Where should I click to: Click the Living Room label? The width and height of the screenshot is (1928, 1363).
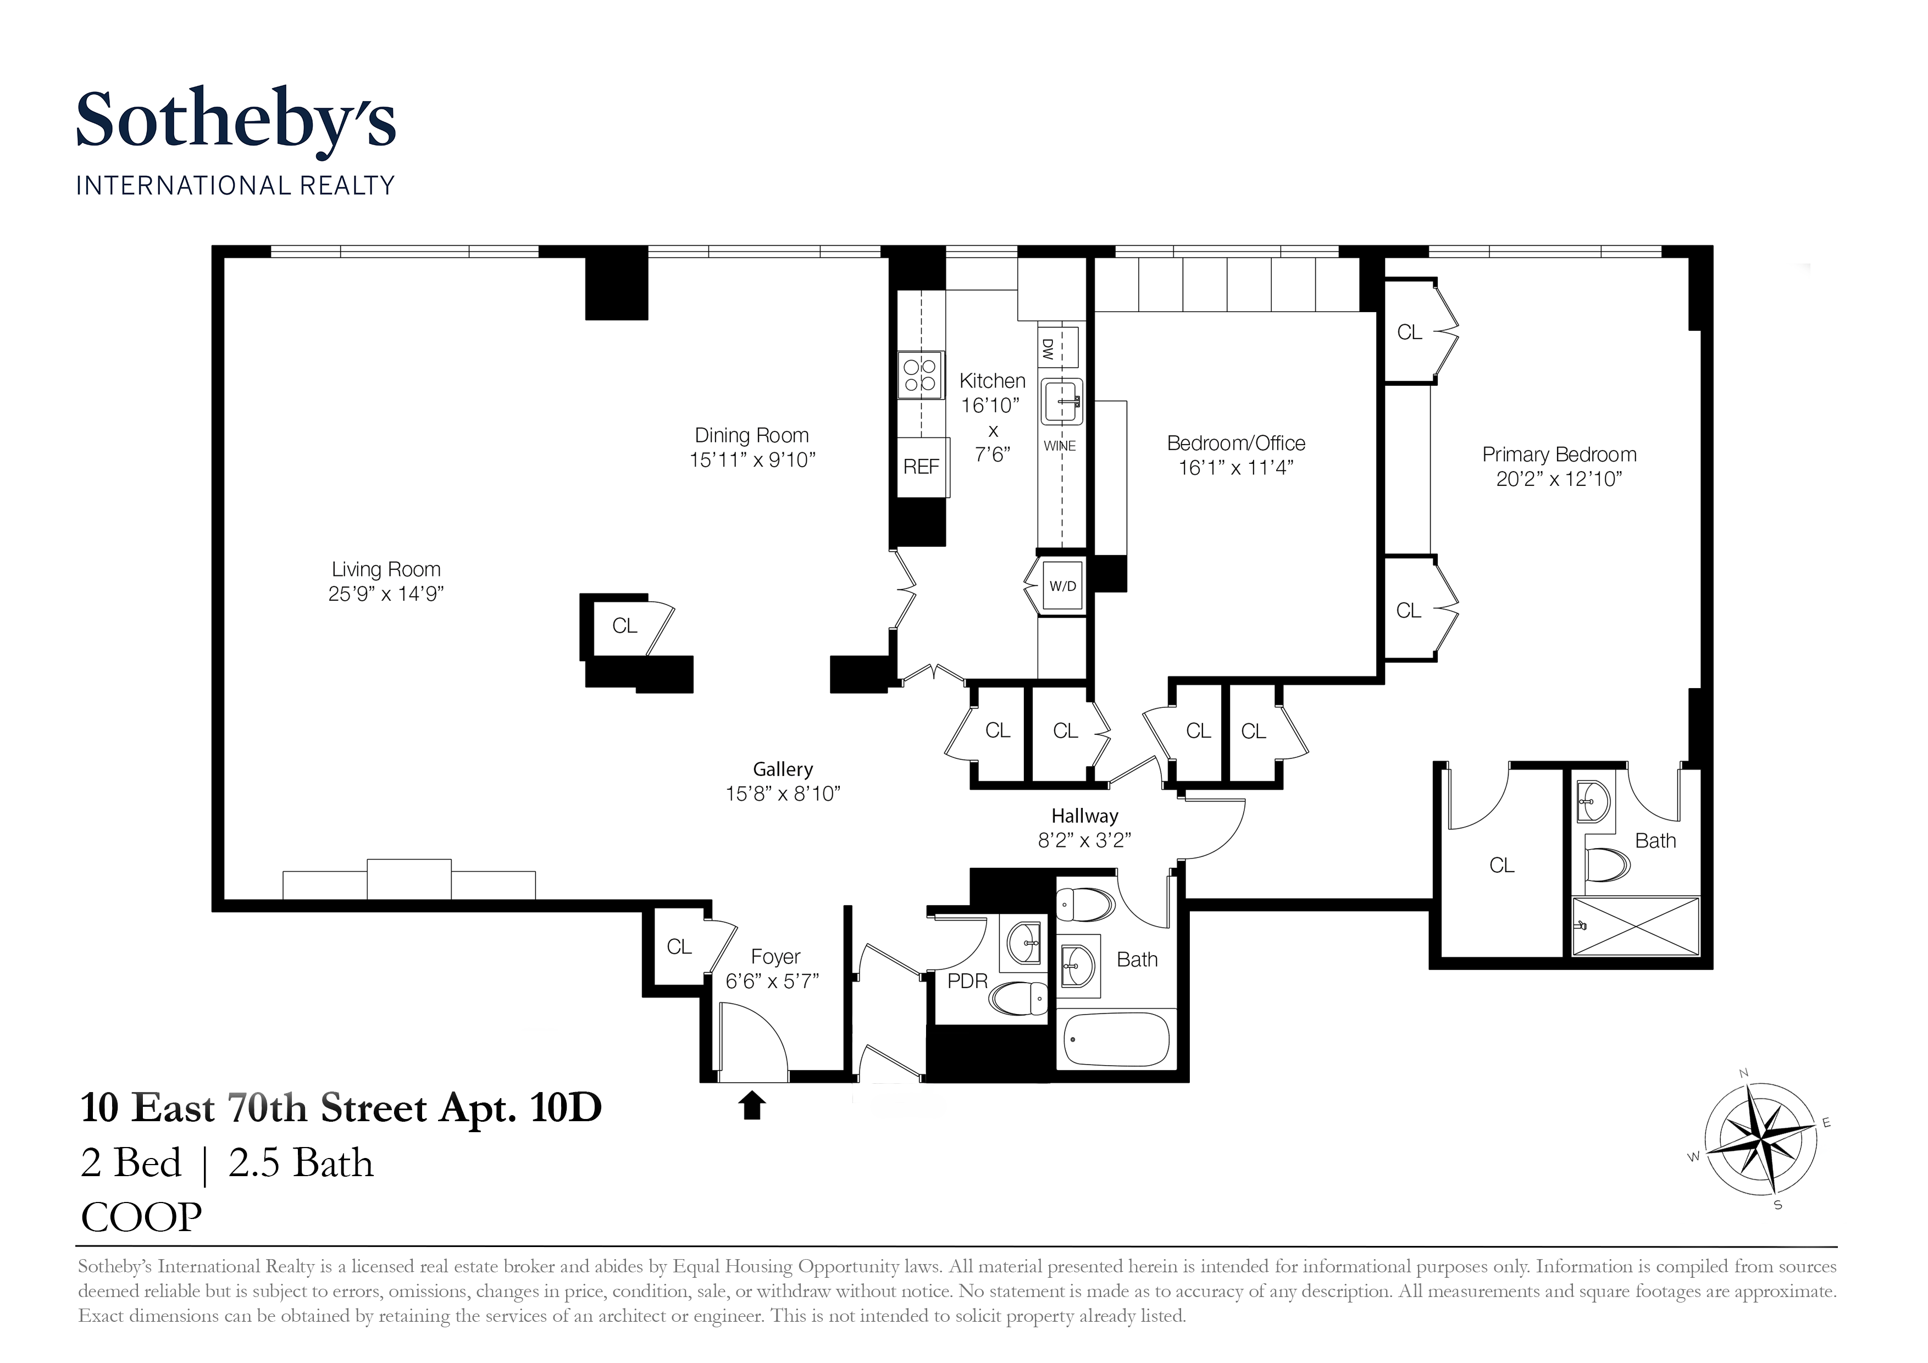pos(385,569)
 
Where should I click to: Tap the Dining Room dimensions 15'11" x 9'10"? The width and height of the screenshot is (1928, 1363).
pos(752,460)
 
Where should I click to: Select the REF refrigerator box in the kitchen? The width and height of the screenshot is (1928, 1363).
pos(921,467)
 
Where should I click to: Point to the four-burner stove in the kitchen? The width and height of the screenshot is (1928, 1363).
pos(921,375)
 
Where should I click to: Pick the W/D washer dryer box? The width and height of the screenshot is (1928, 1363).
pos(1062,586)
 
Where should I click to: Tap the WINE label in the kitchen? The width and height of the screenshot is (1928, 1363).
pos(1059,446)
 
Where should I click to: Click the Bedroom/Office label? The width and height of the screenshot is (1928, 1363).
pos(1236,444)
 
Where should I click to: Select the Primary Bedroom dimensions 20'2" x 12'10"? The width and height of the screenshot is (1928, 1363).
pos(1559,479)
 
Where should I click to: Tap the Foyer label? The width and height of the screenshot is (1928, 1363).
pos(775,956)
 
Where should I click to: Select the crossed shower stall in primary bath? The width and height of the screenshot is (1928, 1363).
pos(1635,926)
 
